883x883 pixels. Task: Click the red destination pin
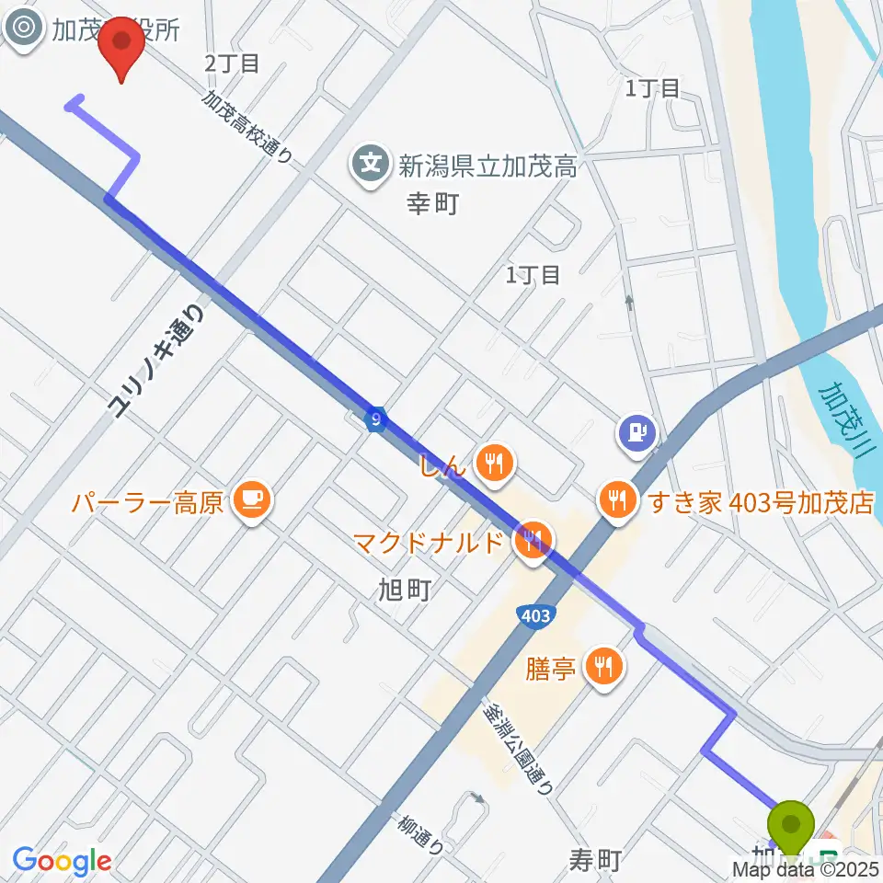point(121,46)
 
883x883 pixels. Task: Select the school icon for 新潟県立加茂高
point(371,166)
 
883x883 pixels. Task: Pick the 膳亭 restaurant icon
point(603,665)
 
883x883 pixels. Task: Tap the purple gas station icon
point(636,429)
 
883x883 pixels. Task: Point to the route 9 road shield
point(375,419)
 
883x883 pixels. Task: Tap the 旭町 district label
point(405,590)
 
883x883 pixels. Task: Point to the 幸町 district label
point(432,203)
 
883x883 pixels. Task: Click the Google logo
point(63,861)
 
